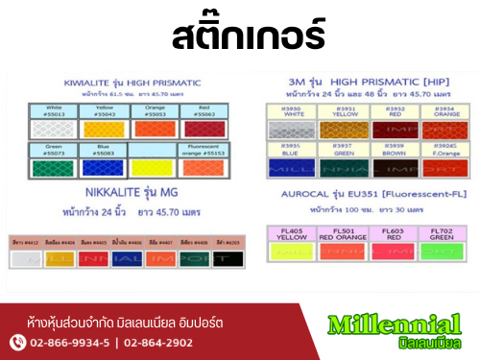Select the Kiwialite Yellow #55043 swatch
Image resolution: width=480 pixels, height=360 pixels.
(x=101, y=128)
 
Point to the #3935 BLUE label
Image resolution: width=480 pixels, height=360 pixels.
(x=290, y=149)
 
